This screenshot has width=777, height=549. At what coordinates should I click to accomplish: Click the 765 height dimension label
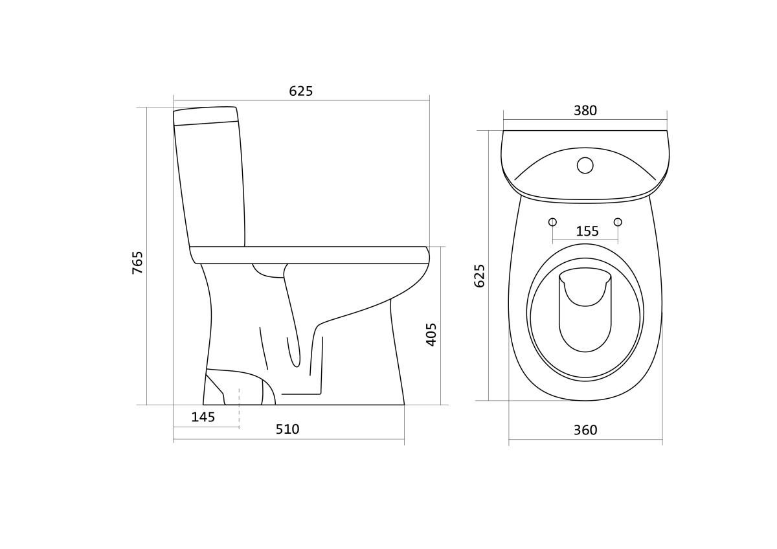138,262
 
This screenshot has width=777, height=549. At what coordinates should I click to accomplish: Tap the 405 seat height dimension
431,334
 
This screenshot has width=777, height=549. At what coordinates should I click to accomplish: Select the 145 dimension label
203,417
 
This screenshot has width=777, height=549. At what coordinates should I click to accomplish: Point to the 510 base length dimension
287,429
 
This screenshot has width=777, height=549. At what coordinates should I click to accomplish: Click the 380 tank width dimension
585,111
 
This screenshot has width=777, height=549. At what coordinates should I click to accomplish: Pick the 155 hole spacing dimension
587,231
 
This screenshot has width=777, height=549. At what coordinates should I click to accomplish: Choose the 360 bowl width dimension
585,430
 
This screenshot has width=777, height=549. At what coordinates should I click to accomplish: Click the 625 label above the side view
301,91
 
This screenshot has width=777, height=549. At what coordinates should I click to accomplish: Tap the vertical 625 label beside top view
479,276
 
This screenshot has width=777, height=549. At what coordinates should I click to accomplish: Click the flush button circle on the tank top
585,166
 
